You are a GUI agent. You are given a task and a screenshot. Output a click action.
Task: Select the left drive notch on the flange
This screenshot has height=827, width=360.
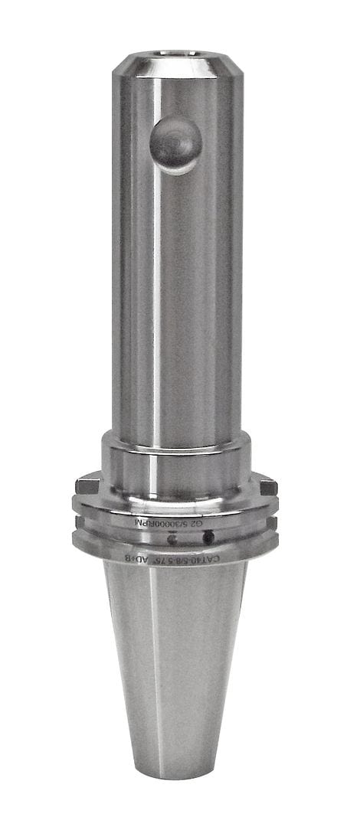coord(85,483)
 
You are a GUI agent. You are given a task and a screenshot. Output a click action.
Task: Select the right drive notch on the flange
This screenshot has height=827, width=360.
coord(267,485)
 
